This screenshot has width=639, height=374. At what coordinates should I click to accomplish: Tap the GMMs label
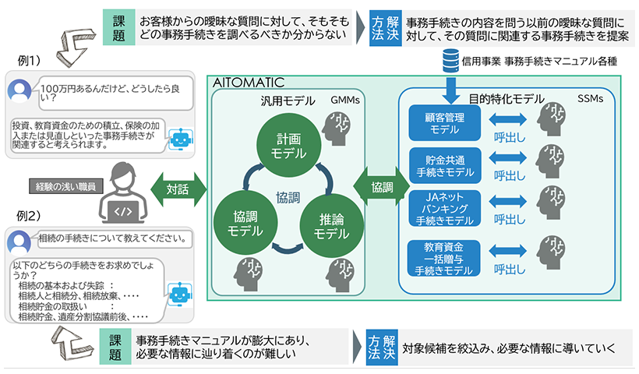tap(344, 101)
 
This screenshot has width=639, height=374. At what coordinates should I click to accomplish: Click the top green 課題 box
tap(118, 27)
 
